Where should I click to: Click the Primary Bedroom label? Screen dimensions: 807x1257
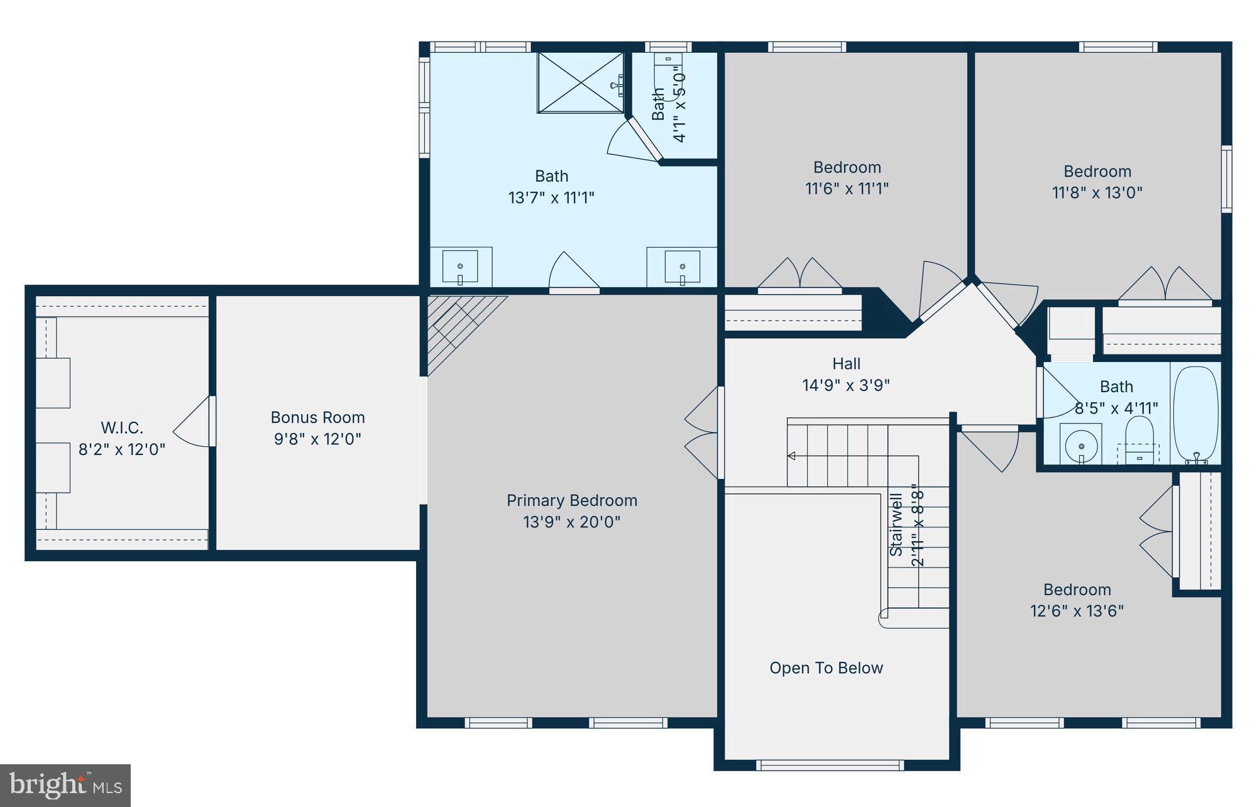pyautogui.click(x=571, y=500)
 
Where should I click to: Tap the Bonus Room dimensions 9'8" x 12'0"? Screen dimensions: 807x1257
pyautogui.click(x=317, y=439)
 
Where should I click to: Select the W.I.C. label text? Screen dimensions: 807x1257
pyautogui.click(x=122, y=428)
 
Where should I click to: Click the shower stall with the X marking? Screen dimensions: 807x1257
pyautogui.click(x=580, y=82)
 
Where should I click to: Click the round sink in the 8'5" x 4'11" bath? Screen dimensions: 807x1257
pyautogui.click(x=1081, y=446)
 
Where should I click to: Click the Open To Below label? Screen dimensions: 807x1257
pyautogui.click(x=826, y=667)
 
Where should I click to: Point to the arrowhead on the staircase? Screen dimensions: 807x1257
pyautogui.click(x=791, y=456)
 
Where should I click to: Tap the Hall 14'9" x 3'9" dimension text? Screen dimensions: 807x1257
pyautogui.click(x=846, y=385)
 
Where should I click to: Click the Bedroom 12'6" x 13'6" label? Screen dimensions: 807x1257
pyautogui.click(x=1077, y=600)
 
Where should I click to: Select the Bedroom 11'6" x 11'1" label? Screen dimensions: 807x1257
pyautogui.click(x=847, y=177)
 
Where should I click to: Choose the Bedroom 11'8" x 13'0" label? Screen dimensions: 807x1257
pyautogui.click(x=1097, y=182)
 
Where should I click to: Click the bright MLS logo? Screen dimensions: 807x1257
pyautogui.click(x=65, y=785)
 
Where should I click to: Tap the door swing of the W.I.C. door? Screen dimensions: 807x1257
pyautogui.click(x=192, y=422)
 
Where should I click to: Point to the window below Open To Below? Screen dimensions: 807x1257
pyautogui.click(x=830, y=765)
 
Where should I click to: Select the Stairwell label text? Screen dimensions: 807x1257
pyautogui.click(x=896, y=524)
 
